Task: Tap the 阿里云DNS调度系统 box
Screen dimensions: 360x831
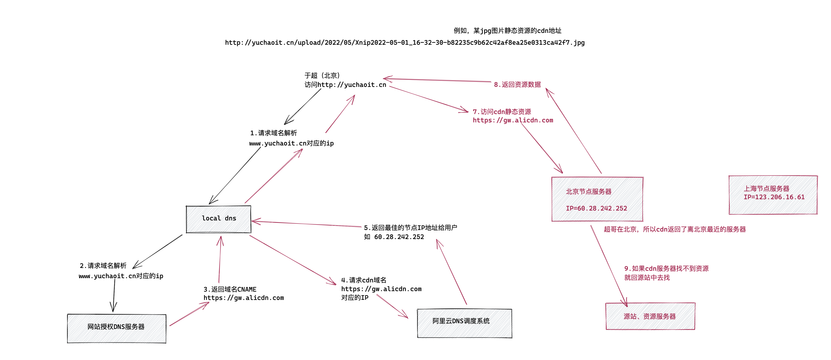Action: click(464, 323)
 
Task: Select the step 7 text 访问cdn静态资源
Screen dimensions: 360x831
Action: click(502, 112)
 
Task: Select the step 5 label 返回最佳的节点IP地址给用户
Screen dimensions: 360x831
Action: click(410, 228)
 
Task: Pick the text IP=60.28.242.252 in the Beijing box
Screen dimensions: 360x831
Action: click(596, 208)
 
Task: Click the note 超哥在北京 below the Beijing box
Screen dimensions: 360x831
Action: click(675, 229)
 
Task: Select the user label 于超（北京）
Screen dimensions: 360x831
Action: click(322, 75)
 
